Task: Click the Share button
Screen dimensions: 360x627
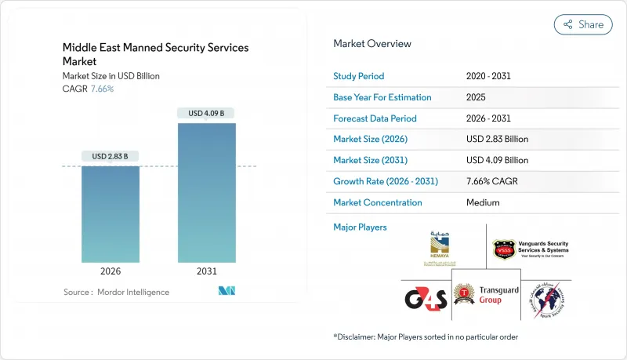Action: click(x=583, y=24)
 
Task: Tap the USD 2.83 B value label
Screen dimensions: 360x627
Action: click(x=111, y=156)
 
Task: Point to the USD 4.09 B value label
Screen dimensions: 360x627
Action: click(x=206, y=114)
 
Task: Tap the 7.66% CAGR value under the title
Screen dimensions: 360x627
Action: click(x=103, y=89)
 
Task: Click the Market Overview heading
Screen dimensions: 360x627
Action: click(x=371, y=44)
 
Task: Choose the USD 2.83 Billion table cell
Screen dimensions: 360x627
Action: click(x=497, y=139)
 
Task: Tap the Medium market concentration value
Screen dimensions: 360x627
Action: click(x=482, y=202)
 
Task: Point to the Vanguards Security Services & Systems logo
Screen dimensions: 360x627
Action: click(x=531, y=249)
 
